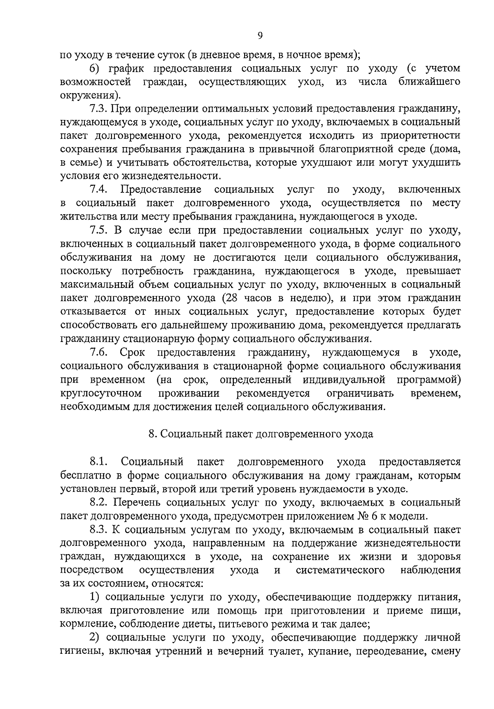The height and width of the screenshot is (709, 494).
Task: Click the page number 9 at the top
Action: (x=260, y=35)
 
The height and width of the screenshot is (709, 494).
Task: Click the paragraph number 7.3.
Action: (x=99, y=109)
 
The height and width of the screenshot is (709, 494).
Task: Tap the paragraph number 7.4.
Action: (x=99, y=190)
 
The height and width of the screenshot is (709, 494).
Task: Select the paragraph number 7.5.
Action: (x=99, y=230)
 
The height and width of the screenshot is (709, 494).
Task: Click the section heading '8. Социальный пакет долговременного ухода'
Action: (x=260, y=434)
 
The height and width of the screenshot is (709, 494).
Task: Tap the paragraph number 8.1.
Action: (x=99, y=462)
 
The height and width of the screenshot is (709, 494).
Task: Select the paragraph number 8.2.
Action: (x=99, y=502)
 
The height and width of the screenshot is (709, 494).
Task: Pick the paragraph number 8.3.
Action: (x=99, y=529)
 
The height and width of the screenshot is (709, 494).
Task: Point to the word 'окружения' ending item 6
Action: (x=89, y=96)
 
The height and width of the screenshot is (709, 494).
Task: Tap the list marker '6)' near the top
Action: (x=95, y=68)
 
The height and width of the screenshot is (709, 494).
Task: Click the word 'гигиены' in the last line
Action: (x=79, y=652)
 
